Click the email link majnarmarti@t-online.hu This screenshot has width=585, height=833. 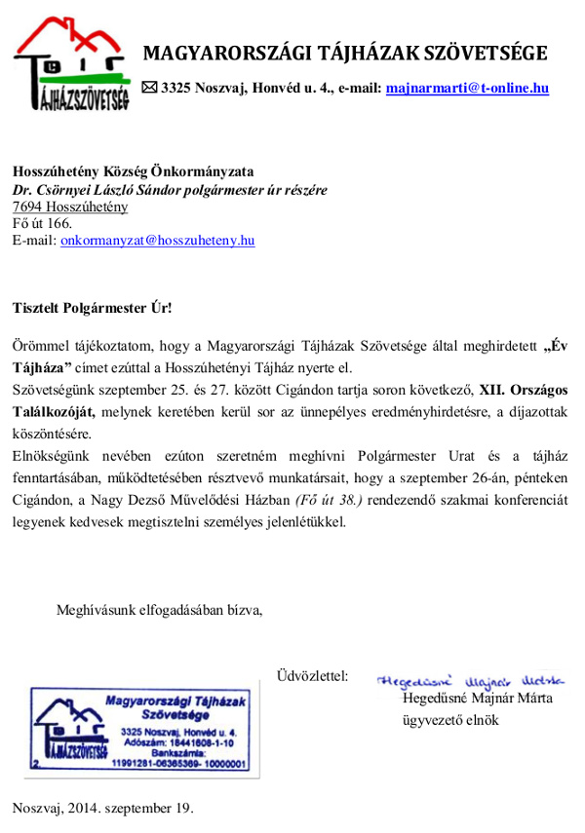click(467, 88)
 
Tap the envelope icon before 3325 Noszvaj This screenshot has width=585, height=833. click(149, 88)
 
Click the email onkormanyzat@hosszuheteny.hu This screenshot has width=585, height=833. click(157, 239)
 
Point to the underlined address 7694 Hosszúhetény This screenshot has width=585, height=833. click(69, 207)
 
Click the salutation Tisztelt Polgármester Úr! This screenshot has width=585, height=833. click(92, 308)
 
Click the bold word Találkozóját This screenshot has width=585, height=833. click(55, 410)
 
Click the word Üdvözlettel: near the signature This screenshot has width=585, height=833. click(312, 676)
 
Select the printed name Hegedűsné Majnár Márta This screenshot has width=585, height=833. click(478, 699)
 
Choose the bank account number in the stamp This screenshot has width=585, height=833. click(179, 764)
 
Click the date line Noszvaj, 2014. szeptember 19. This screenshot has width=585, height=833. click(103, 808)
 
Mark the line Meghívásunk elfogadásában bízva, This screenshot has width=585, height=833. click(159, 611)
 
